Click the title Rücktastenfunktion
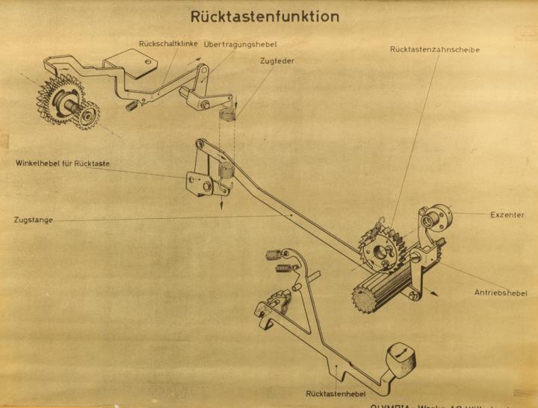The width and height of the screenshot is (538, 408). tap(265, 16)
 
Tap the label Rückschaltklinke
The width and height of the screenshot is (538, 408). tap(168, 44)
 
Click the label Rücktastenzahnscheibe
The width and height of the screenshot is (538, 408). tap(434, 50)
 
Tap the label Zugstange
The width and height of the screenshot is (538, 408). tap(34, 220)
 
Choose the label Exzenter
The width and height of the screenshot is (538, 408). tap(507, 214)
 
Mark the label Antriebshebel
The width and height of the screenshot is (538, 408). tap(501, 293)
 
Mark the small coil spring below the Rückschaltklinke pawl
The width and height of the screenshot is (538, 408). tap(131, 105)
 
